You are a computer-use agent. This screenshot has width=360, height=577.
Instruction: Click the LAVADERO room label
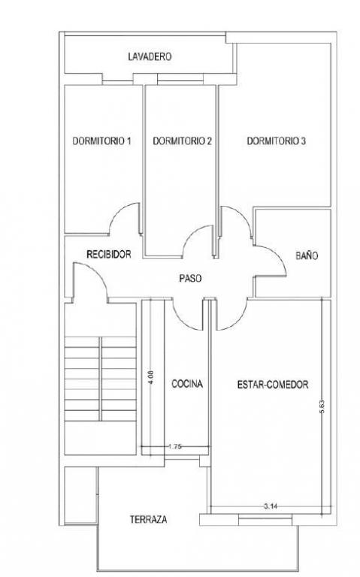pyautogui.click(x=150, y=56)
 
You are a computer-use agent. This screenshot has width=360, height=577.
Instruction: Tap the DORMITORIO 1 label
pyautogui.click(x=102, y=141)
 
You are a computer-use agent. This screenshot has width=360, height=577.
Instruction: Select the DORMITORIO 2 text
pyautogui.click(x=182, y=141)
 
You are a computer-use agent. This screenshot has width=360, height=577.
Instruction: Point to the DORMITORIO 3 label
pyautogui.click(x=276, y=141)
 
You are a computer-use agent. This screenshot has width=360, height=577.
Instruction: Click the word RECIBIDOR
pyautogui.click(x=108, y=254)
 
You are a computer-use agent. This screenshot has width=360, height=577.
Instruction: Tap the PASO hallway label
pyautogui.click(x=190, y=278)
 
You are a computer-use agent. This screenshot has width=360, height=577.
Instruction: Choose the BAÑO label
pyautogui.click(x=307, y=255)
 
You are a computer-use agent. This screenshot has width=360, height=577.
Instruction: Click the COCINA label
pyautogui.click(x=187, y=384)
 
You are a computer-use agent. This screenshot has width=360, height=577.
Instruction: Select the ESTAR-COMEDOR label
pyautogui.click(x=273, y=385)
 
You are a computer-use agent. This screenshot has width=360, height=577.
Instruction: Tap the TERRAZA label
pyautogui.click(x=148, y=519)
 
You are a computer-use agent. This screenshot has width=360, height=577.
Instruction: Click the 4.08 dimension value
pyautogui.click(x=152, y=378)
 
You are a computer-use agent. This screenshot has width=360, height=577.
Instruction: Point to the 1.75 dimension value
pyautogui.click(x=174, y=447)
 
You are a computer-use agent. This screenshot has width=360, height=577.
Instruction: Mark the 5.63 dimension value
pyautogui.click(x=323, y=407)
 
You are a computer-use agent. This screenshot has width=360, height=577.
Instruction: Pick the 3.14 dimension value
pyautogui.click(x=271, y=506)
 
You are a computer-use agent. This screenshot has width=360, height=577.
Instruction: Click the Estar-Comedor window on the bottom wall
pyautogui.click(x=265, y=520)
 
